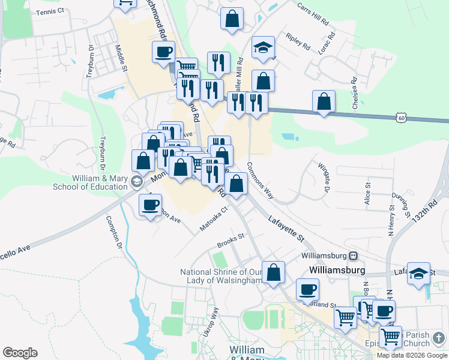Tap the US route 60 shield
400,118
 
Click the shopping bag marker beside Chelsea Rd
324,101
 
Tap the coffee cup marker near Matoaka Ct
150,205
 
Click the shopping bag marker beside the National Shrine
274,272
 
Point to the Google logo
20,353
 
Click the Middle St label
122,56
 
